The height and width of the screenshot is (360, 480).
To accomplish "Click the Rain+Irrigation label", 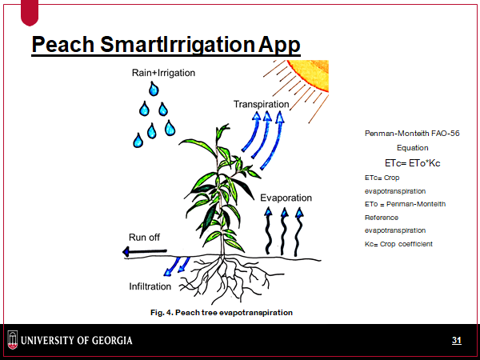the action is (163, 73).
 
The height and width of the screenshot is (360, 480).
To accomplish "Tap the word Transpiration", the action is (261, 104).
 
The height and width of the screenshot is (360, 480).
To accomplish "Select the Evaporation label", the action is (286, 198).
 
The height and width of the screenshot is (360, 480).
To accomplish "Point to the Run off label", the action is (144, 238).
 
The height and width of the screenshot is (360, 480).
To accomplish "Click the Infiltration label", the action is (150, 286).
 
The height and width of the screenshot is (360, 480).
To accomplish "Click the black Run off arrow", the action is (145, 252).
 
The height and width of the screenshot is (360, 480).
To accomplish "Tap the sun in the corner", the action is (308, 76).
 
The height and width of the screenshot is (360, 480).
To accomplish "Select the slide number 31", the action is (457, 340).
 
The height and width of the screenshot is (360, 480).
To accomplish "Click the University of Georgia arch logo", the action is (13, 340).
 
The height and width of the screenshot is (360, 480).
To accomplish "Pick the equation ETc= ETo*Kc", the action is (412, 163).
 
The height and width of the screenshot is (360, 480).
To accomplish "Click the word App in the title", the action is (279, 45).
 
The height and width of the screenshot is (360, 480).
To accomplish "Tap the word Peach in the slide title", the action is (62, 44).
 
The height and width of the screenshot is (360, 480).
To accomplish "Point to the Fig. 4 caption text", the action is (222, 313).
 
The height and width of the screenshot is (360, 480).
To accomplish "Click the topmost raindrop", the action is (154, 89).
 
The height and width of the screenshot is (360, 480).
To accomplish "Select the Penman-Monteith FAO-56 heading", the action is (412, 134).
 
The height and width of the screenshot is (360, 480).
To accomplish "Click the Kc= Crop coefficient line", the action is (398, 244).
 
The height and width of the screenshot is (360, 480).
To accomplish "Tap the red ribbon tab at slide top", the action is (30, 13).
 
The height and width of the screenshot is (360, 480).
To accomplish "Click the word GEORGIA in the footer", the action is (112, 341).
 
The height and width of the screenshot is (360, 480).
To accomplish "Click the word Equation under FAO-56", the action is (412, 148).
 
